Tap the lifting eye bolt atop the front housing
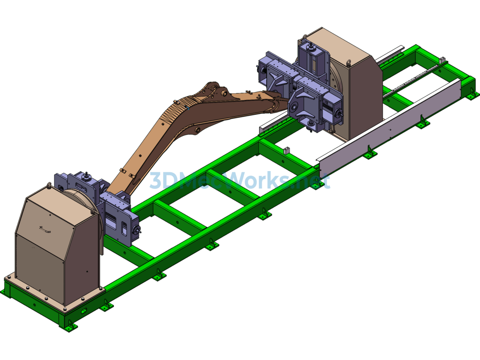[49, 185]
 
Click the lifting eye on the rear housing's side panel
[348, 62]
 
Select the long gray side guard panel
[389, 124]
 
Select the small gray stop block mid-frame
[286, 150]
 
